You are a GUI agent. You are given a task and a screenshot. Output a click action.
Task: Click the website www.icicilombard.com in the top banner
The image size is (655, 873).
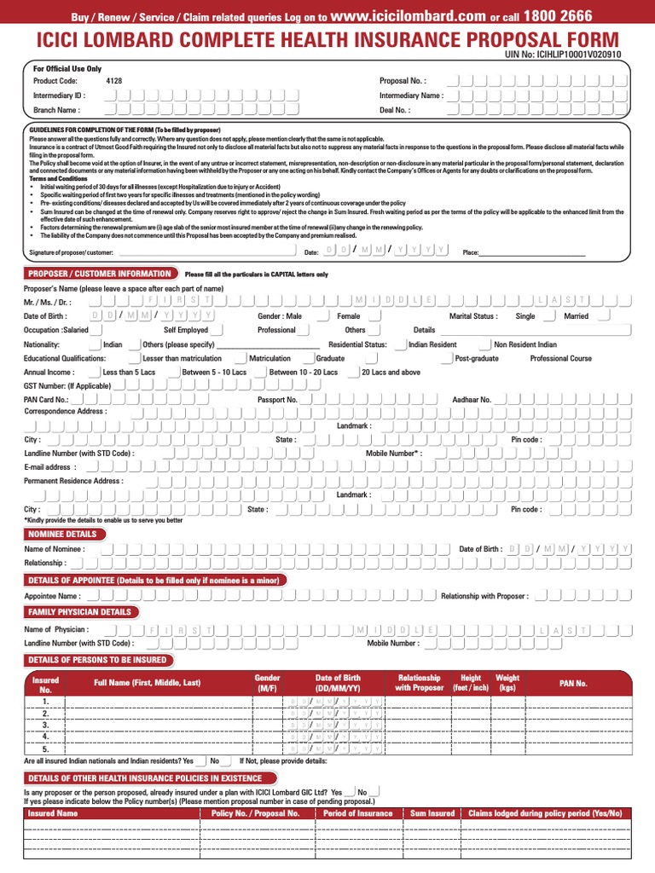407,15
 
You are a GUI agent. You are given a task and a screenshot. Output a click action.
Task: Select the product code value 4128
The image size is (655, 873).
114,81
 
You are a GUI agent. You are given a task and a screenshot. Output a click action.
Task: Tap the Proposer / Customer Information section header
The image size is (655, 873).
100,274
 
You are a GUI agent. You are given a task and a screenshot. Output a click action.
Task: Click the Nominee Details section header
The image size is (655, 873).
62,534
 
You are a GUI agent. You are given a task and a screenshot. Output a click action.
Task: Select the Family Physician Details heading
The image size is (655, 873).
79,612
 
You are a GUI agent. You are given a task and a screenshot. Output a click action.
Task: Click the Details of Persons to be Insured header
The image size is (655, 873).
97,660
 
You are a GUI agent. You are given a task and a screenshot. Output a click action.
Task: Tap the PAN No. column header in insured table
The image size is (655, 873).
573,683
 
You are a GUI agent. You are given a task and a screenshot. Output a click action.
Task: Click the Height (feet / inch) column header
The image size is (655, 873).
471,683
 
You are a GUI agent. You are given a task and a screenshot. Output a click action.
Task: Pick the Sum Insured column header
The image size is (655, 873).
432,813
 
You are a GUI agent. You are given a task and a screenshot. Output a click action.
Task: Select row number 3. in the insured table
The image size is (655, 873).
45,724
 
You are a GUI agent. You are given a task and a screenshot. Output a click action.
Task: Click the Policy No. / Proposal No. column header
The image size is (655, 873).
255,813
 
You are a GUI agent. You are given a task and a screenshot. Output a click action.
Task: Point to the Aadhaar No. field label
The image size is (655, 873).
472,399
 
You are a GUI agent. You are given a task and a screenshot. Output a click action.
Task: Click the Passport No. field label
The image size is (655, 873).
277,399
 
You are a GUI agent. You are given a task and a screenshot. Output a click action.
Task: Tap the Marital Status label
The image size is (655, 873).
473,315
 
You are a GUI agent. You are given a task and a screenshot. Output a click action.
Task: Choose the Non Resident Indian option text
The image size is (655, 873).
525,344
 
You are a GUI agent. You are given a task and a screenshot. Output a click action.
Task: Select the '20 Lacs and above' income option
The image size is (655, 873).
391,373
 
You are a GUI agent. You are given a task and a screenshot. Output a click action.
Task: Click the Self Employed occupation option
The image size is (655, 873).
186,330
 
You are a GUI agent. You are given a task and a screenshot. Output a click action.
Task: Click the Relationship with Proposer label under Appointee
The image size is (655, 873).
484,596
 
